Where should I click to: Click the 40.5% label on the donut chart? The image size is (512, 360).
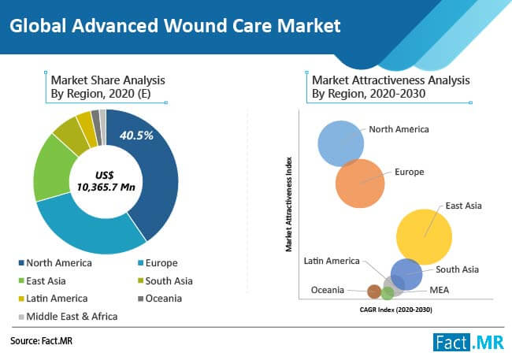[x=136, y=135]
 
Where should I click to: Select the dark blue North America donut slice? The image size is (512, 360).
[x=154, y=176]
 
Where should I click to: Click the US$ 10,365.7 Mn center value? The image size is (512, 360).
[x=106, y=181]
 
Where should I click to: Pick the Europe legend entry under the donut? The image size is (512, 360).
[x=158, y=263]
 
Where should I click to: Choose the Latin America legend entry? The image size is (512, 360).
[x=54, y=299]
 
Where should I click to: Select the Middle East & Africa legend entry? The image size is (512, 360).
[x=68, y=317]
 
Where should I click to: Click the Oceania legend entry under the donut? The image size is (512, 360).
[x=160, y=299]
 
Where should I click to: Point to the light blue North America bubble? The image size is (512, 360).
[x=340, y=143]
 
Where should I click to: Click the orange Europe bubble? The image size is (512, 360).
[x=360, y=184]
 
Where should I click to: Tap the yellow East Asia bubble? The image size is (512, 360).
[x=424, y=237]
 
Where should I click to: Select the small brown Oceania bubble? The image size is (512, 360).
[x=374, y=291]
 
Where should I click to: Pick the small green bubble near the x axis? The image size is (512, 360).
[x=388, y=293]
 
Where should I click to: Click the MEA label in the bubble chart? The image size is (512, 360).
[x=440, y=290]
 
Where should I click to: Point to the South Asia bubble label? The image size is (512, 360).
[x=457, y=269]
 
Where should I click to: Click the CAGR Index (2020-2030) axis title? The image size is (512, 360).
[x=395, y=310]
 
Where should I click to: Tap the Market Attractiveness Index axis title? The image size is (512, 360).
[x=288, y=205]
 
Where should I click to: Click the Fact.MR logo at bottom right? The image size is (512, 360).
[x=468, y=343]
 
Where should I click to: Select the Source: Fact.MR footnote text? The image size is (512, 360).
[x=41, y=341]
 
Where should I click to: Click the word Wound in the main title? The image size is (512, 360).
[x=195, y=26]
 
